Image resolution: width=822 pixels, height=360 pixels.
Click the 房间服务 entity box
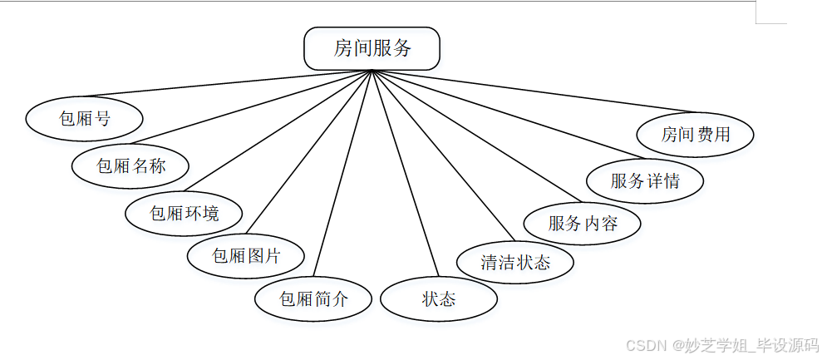372,48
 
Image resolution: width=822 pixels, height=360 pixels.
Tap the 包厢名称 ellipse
130,165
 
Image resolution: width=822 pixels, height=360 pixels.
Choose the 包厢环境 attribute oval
185,213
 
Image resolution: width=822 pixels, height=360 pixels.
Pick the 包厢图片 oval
246,256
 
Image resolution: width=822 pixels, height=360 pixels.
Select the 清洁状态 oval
515,262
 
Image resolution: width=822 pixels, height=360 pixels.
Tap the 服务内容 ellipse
583,223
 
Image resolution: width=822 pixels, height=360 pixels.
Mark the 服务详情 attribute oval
645,180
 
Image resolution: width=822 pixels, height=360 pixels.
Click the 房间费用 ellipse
695,134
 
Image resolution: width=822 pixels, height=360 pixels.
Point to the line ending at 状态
405,176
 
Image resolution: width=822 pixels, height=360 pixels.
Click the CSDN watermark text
721,345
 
